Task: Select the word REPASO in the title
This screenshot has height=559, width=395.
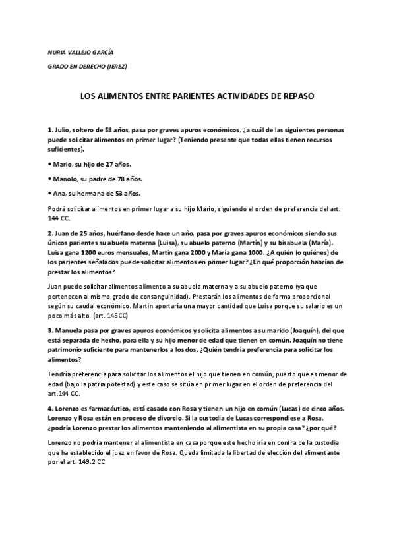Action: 297,96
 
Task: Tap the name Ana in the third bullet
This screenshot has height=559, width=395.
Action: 57,193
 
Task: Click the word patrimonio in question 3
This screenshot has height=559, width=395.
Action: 68,350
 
